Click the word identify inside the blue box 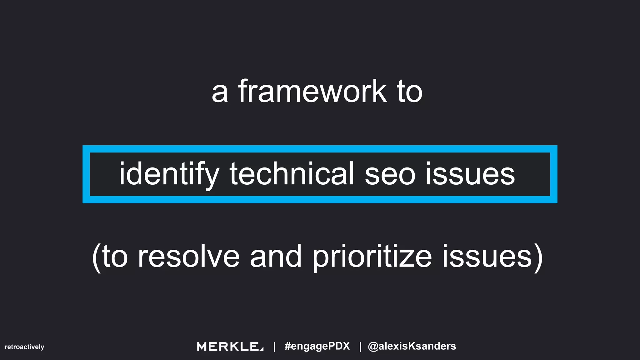(169, 174)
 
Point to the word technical (292, 174)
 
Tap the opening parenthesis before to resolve (96, 257)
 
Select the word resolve (188, 257)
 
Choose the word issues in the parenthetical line (486, 257)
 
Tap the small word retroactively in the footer (24, 347)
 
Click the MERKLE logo (230, 347)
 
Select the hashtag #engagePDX (317, 346)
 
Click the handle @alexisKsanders (412, 346)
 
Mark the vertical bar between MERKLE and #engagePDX (274, 347)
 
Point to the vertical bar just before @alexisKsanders (360, 347)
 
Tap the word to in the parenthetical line (115, 257)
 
